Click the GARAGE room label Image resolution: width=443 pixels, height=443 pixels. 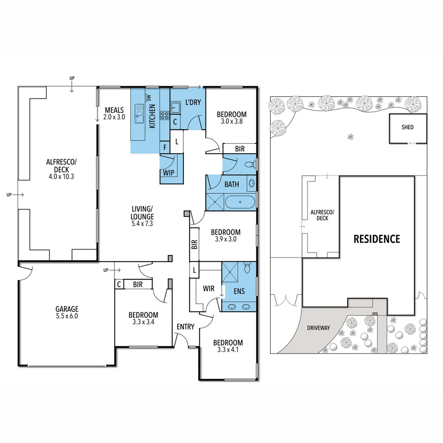pos(67,309)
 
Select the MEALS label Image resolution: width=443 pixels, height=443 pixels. pos(114,110)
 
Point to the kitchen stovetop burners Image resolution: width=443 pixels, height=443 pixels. pos(165,116)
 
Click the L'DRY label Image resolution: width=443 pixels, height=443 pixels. pos(193,102)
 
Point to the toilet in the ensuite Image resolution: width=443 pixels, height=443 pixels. pos(247,269)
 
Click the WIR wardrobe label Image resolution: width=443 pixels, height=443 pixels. pos(209,289)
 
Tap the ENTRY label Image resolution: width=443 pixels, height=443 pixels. pos(185,327)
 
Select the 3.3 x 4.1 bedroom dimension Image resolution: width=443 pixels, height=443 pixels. pos(228,350)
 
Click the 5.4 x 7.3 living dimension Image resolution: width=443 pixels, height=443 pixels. pos(142,224)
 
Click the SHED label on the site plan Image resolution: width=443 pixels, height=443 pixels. pos(407,127)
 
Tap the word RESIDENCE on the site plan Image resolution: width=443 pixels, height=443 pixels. pos(377,239)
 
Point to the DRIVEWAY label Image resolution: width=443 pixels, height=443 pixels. pos(319,328)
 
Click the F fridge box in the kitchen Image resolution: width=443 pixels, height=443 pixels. pos(164,148)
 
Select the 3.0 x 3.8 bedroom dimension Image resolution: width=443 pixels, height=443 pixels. pos(231,122)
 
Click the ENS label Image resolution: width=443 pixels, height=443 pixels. pos(239,291)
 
